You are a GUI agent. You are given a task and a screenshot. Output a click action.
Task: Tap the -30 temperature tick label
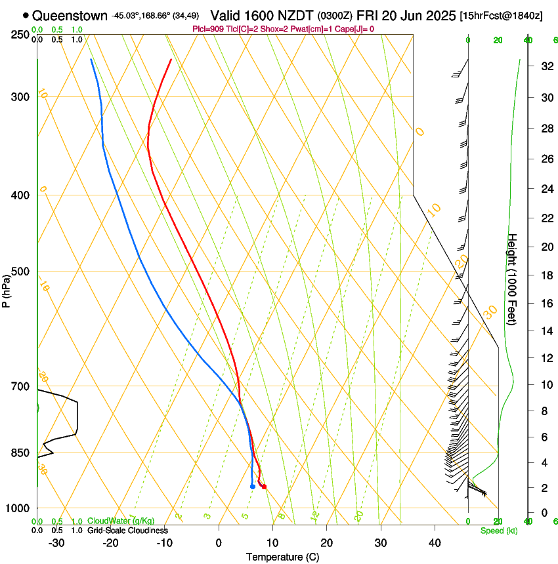pos(56,543)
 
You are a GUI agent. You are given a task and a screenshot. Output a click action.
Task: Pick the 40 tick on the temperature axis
pos(435,543)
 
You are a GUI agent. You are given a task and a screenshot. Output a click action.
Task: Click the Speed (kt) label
pos(498,531)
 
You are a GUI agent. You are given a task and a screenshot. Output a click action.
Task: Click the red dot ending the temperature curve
pos(263,487)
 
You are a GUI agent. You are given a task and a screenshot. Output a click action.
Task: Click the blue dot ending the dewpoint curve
pos(253,487)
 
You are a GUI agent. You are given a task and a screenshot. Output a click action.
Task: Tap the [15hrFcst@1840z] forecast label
pos(501,15)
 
